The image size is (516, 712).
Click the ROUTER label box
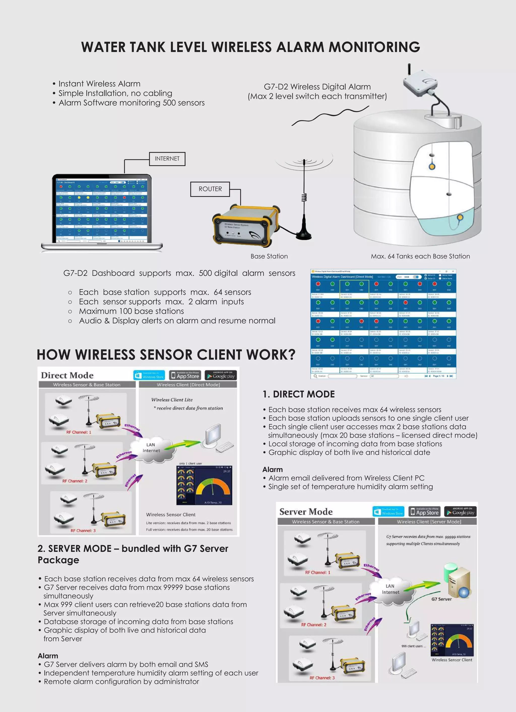point(210,189)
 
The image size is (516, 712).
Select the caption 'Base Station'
point(269,256)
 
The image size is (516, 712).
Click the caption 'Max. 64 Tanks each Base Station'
point(420,256)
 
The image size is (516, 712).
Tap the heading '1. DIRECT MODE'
point(299,394)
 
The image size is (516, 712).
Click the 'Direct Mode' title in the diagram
point(67,375)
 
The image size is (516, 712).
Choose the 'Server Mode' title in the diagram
point(306,512)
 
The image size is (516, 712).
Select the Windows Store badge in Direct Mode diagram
point(149,375)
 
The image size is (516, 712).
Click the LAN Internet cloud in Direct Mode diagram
point(151,448)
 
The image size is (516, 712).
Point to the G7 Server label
point(441,599)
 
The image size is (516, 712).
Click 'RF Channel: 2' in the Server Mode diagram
point(314,625)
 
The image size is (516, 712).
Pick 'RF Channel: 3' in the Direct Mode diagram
point(83,531)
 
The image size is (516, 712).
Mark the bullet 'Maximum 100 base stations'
point(132,311)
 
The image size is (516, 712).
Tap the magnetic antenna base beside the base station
point(304,234)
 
